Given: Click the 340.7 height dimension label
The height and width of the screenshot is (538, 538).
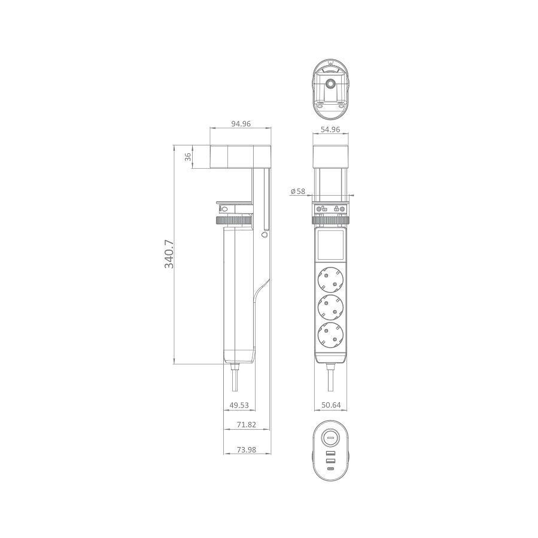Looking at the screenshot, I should [169, 254].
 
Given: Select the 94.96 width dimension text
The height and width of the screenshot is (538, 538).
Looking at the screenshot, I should [241, 124].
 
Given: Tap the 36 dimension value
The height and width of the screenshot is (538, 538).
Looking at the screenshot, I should [187, 157].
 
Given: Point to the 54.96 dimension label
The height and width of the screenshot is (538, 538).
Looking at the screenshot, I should [330, 129].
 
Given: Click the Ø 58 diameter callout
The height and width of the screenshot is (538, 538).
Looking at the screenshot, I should [297, 192].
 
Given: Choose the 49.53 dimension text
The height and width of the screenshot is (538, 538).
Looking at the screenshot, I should [239, 405].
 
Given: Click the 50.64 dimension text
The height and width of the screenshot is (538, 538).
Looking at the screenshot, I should [331, 405].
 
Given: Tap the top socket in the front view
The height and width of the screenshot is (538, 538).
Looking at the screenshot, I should [331, 278].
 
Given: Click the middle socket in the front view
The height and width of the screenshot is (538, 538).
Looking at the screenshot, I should [331, 306].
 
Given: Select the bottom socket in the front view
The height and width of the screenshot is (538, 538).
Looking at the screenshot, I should [331, 334].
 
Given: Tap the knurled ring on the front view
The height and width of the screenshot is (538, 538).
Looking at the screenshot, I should [331, 221].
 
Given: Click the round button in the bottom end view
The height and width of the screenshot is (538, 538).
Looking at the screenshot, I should [330, 439].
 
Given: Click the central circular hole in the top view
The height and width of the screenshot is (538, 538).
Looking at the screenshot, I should [330, 84].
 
